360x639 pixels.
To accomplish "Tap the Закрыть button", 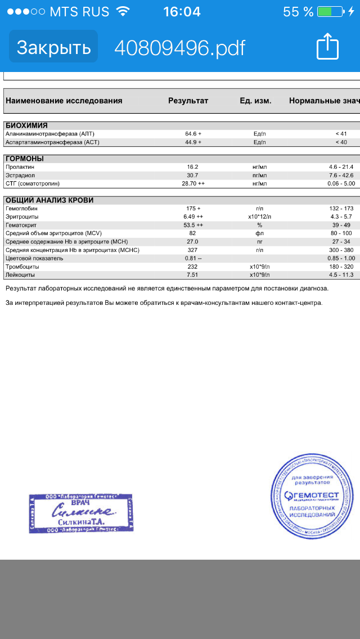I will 53,47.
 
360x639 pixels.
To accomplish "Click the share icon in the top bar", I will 328,47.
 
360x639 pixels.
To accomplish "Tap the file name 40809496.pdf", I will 180,48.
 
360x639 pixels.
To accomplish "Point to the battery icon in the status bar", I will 331,12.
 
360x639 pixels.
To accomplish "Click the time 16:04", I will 181,12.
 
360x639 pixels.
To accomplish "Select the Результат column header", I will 188,101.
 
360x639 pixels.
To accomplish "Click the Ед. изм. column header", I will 255,101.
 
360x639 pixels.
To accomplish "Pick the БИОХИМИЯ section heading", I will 26,125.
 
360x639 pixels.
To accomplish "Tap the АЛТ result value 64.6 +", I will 193,134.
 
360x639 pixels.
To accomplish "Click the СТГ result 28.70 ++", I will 193,183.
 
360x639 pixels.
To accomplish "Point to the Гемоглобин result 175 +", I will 193,209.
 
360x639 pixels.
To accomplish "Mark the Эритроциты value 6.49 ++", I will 193,217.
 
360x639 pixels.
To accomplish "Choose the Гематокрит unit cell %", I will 260,225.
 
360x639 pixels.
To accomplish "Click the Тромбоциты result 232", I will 192,267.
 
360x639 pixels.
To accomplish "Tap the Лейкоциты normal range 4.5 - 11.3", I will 341,275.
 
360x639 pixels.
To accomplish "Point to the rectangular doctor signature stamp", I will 81,513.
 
